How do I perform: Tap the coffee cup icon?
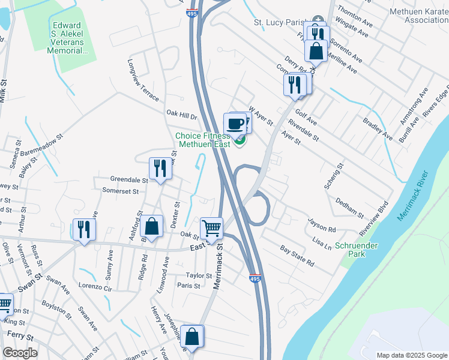[x=235, y=124]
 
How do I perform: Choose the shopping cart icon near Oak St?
[x=211, y=229]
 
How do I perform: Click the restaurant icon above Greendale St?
[x=160, y=167]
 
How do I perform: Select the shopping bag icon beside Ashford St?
[x=152, y=227]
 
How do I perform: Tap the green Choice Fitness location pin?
[x=240, y=140]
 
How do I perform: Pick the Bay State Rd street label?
[x=297, y=256]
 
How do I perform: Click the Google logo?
[x=20, y=353]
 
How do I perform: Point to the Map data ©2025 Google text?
[x=411, y=355]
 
